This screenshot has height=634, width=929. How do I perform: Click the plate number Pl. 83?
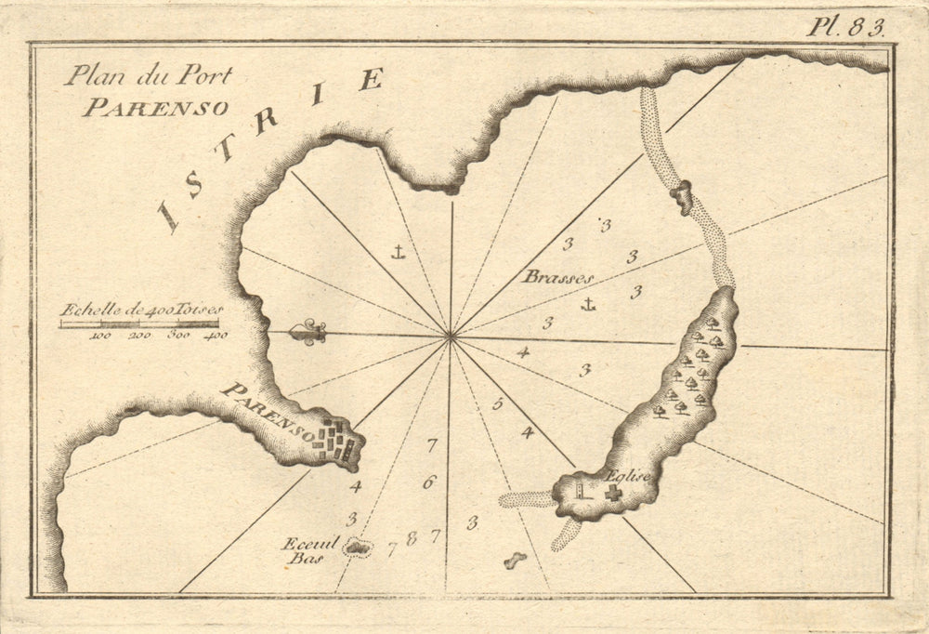[x=845, y=26]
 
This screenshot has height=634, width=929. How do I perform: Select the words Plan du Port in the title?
[x=148, y=77]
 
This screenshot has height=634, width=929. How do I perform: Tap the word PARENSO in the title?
[x=155, y=107]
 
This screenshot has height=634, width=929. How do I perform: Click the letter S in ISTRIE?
[x=194, y=185]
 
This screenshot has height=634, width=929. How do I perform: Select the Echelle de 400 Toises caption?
[x=141, y=310]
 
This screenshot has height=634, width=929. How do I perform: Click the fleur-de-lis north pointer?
[x=307, y=333]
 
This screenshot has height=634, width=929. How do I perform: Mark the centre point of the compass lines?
[x=451, y=337]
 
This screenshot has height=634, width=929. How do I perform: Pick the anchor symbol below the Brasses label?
[x=587, y=303]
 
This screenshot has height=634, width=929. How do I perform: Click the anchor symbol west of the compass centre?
[x=397, y=251]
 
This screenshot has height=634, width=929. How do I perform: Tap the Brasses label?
[x=556, y=276]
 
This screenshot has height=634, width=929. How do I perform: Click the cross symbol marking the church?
[x=612, y=493]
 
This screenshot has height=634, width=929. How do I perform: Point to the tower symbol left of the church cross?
[x=581, y=490]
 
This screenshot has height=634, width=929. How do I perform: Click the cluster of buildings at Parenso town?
[x=336, y=441]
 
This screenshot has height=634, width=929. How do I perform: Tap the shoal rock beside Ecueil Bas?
[x=355, y=548]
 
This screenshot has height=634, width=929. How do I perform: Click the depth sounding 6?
[x=427, y=482]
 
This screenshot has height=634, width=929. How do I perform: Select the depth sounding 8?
[x=412, y=537]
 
